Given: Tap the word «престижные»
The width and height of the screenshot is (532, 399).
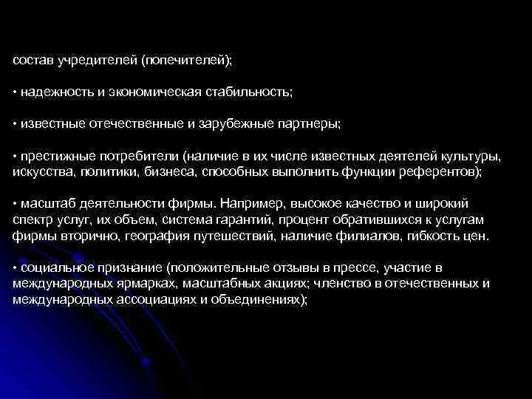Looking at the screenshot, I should point(53,157).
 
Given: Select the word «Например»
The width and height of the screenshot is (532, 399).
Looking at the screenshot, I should point(250,204).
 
